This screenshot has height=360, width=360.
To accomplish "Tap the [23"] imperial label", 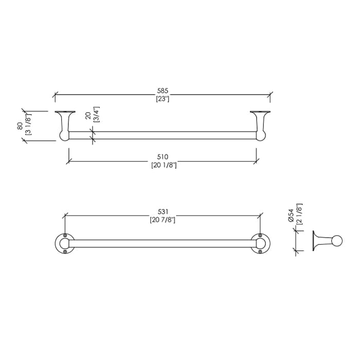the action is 163,99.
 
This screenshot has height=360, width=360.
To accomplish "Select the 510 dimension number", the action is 163,157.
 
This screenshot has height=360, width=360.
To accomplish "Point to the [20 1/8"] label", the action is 164,165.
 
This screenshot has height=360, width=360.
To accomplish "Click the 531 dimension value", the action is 163,211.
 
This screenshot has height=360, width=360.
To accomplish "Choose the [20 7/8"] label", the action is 163,220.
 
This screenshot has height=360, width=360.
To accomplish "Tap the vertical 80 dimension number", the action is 20,127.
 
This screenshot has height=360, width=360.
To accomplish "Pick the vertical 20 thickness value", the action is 88,116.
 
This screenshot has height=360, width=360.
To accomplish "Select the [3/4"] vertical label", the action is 97,114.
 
